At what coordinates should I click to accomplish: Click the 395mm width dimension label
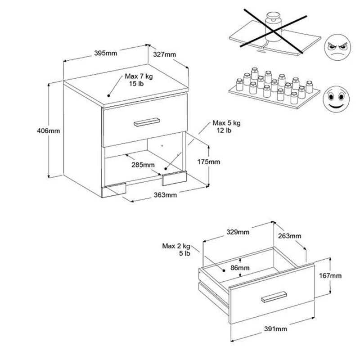[106, 53]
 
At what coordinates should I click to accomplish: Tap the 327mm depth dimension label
[164, 54]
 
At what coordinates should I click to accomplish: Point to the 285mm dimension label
[143, 165]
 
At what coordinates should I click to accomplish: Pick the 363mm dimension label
[165, 195]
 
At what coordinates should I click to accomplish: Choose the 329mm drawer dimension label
[237, 232]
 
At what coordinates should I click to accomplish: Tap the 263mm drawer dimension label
[290, 236]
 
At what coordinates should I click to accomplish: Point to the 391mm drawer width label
[275, 329]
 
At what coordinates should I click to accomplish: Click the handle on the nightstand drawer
[147, 121]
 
